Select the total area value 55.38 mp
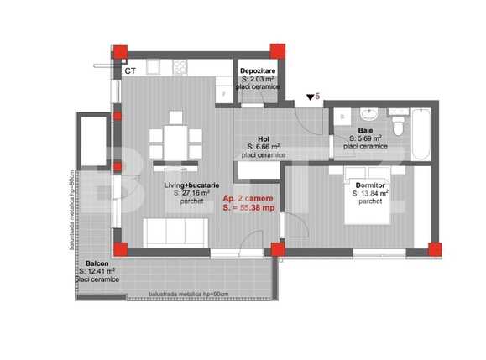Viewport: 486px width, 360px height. click(252, 209)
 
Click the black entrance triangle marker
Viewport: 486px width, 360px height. click(311, 98)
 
